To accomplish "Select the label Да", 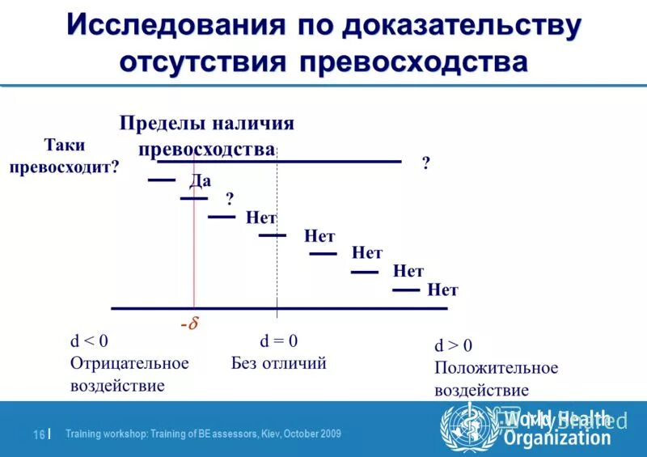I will (x=200, y=180).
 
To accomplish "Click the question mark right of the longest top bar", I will (x=426, y=163).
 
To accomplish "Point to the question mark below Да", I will (x=230, y=199).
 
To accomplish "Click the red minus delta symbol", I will (x=190, y=324).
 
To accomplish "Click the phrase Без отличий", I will (x=278, y=363).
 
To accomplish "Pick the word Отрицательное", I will (x=129, y=363).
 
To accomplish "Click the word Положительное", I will (x=496, y=368).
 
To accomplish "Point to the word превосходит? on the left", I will (x=65, y=167).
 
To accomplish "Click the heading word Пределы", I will (x=163, y=124).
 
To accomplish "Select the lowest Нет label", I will (x=442, y=289).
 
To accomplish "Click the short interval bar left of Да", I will (x=162, y=180).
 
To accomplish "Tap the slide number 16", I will (x=39, y=435).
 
